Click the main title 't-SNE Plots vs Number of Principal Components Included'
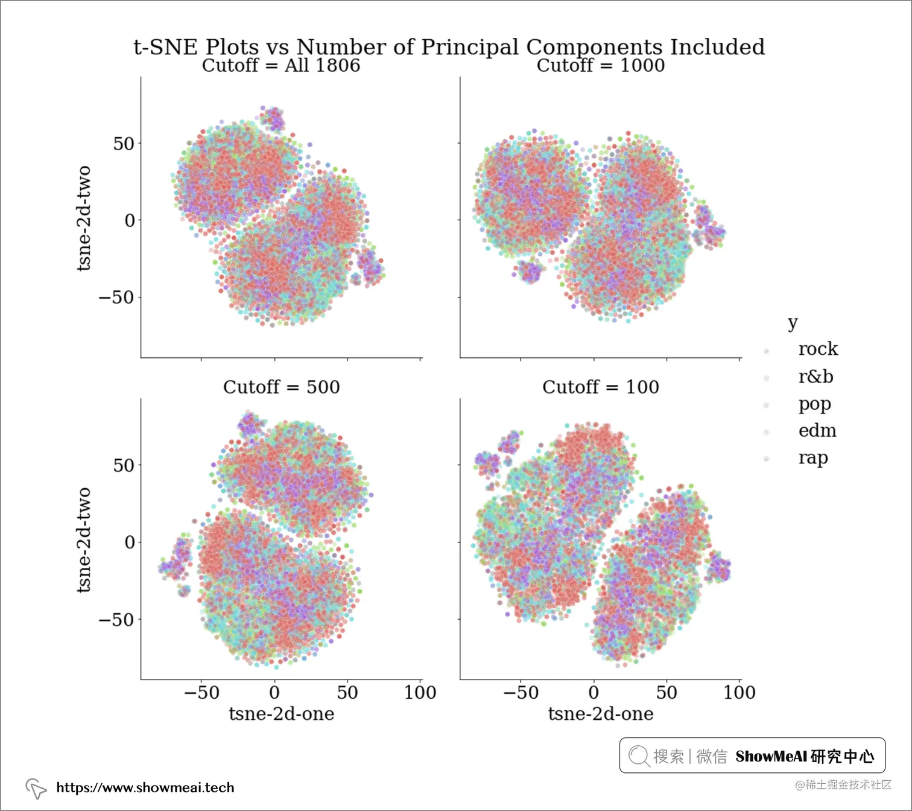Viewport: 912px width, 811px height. tap(449, 47)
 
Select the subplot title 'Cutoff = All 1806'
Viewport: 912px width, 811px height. tap(281, 65)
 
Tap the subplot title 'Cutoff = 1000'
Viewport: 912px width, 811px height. tap(601, 65)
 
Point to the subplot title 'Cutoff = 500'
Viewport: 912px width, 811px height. tap(281, 387)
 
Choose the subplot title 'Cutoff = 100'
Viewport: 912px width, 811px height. tap(601, 387)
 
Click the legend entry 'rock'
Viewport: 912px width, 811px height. tap(818, 349)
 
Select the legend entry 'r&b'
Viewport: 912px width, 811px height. tap(815, 377)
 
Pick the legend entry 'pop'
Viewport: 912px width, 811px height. tap(814, 404)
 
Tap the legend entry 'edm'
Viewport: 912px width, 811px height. tap(817, 431)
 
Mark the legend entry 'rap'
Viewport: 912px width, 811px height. tap(813, 458)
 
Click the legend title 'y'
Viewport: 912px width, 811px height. tap(793, 323)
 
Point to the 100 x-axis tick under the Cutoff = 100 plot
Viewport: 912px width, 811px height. tap(739, 692)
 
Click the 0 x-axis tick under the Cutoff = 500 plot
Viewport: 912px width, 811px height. tap(274, 692)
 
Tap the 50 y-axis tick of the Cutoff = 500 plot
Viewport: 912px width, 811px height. tap(124, 465)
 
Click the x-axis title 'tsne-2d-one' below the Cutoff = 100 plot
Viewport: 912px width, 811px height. tap(601, 714)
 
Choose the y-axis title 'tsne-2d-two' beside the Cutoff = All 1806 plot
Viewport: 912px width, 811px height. tap(84, 218)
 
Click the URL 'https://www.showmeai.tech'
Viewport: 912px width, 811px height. tap(145, 787)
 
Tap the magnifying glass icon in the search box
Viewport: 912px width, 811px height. tap(638, 755)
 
